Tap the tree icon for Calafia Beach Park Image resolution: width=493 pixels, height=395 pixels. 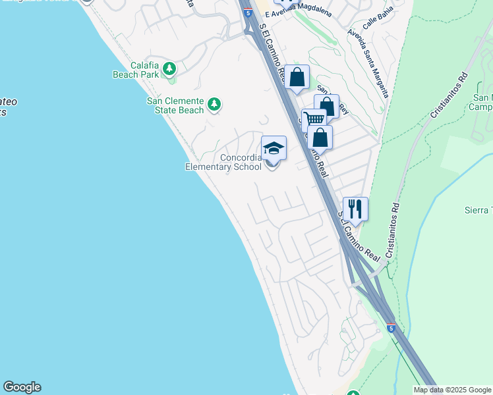[169, 68]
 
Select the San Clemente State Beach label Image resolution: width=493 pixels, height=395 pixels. [175, 105]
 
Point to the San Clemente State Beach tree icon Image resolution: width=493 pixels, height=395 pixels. [214, 104]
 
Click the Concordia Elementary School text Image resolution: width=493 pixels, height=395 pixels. [223, 162]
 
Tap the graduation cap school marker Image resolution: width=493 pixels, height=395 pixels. [274, 149]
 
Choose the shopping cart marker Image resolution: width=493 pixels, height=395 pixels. [314, 119]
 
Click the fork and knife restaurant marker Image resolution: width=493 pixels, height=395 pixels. [355, 209]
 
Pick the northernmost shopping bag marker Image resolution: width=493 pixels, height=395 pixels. [297, 77]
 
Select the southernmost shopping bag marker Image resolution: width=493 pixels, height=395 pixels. [320, 138]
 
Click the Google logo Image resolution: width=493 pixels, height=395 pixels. [22, 387]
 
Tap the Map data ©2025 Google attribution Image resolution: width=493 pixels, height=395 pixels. [452, 390]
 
